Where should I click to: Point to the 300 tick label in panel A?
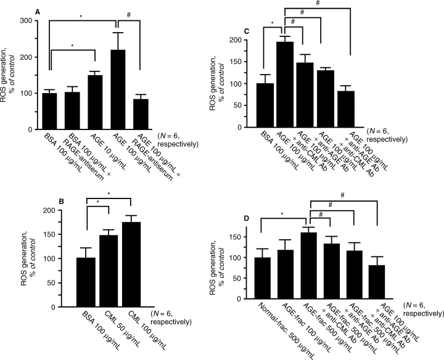click(25, 20)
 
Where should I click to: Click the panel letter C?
click(246, 30)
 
